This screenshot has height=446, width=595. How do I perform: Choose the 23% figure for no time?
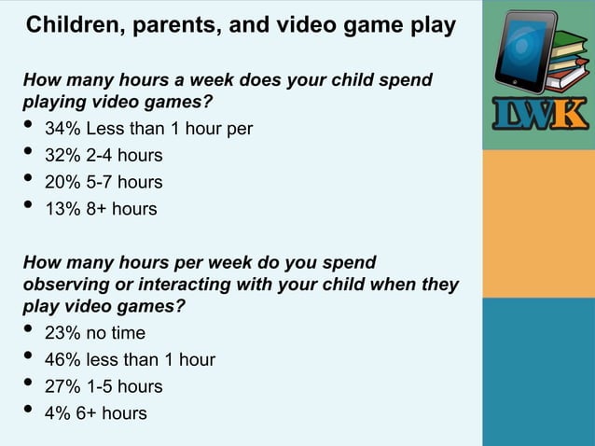(x=62, y=332)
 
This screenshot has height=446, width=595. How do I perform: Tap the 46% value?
(x=62, y=359)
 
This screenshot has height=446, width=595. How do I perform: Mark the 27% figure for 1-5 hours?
(x=62, y=386)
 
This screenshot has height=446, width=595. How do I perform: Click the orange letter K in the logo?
(x=571, y=116)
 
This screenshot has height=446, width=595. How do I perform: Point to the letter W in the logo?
(x=537, y=116)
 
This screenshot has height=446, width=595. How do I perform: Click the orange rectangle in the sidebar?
(x=538, y=223)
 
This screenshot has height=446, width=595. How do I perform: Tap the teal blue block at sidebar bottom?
(x=538, y=371)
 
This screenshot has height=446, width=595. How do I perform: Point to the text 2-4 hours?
(x=126, y=155)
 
